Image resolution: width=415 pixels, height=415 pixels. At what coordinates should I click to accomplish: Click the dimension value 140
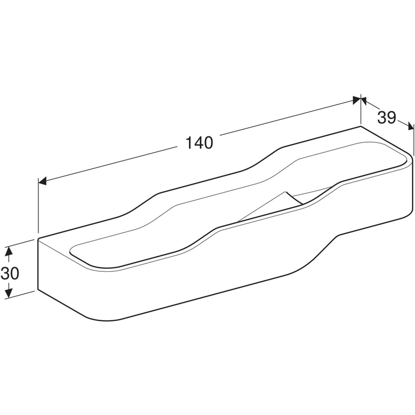[199, 143]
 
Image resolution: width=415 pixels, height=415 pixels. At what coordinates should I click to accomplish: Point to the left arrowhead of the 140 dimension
[43, 181]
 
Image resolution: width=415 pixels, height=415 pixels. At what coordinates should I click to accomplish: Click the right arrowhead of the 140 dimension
[357, 100]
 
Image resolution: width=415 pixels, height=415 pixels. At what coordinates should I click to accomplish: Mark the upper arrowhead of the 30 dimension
[9, 251]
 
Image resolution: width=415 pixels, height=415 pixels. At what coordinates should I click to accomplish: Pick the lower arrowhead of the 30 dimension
[9, 293]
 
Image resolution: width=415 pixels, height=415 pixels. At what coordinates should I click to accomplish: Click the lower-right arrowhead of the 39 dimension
[410, 126]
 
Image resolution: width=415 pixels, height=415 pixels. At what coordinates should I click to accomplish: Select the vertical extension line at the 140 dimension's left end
[38, 205]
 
